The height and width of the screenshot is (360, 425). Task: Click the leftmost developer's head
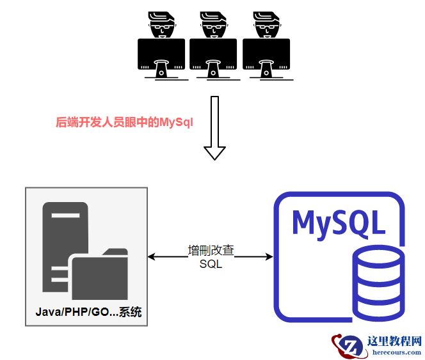click(x=161, y=25)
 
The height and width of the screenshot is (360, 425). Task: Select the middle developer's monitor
click(x=214, y=55)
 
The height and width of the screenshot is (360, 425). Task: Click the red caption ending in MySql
click(x=124, y=122)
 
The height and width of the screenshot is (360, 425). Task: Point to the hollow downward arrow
click(x=214, y=128)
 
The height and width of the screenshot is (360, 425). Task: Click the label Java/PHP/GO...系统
click(x=88, y=313)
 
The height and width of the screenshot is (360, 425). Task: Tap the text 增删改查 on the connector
click(x=211, y=251)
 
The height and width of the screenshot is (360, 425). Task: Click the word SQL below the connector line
click(x=211, y=264)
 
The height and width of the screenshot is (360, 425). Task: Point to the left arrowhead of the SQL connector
click(x=152, y=257)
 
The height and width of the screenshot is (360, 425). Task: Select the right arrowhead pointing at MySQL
click(x=269, y=257)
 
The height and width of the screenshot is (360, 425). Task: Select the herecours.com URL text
click(x=395, y=352)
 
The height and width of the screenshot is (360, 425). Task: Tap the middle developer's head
click(x=214, y=25)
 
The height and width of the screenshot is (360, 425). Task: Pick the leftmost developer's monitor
click(x=161, y=55)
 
